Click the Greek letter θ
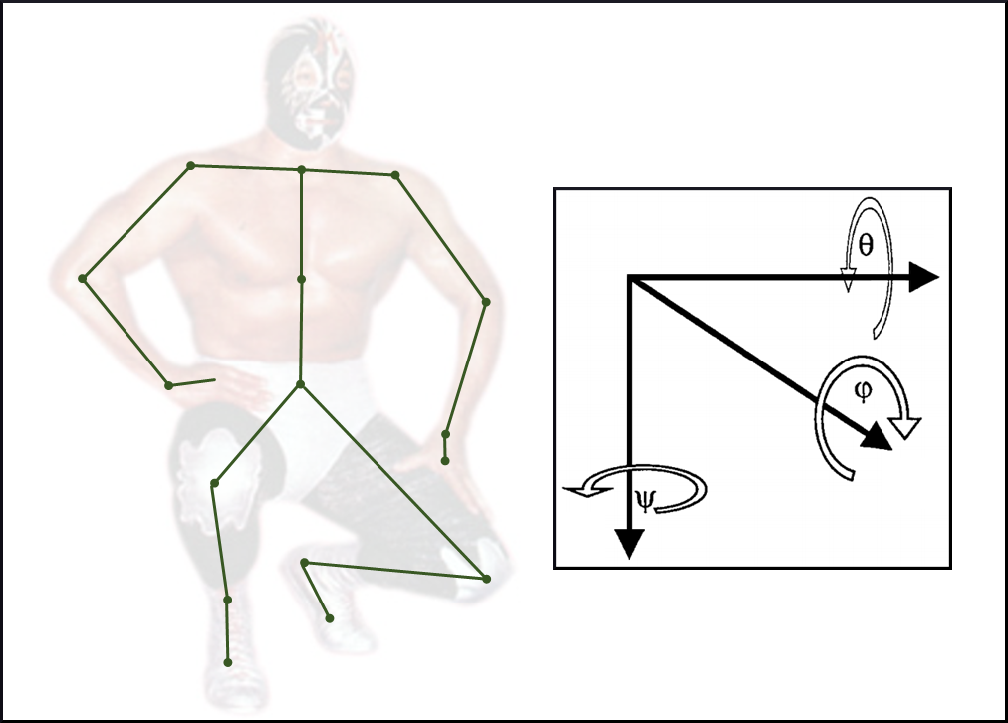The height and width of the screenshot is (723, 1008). [x=866, y=245]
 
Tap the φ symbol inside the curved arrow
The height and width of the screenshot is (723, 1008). [x=864, y=390]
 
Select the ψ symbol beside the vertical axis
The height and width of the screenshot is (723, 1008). [x=644, y=500]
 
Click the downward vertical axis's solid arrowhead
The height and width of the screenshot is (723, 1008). [x=630, y=544]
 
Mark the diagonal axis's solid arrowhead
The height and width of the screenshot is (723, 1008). [x=878, y=438]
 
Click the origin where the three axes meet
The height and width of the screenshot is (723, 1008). [x=630, y=278]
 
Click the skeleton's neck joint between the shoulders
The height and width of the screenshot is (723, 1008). [x=301, y=170]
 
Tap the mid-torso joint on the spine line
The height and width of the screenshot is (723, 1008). [x=301, y=279]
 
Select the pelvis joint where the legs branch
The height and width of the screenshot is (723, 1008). [x=300, y=384]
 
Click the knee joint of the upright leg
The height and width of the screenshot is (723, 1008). [x=215, y=483]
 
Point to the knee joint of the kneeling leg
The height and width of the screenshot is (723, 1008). [x=487, y=579]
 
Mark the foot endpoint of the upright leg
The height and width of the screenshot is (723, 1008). [x=227, y=662]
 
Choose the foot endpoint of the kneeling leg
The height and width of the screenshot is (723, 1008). [x=330, y=618]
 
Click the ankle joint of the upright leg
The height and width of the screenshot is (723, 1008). [x=227, y=600]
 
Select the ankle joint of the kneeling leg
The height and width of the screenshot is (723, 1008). [x=305, y=563]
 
